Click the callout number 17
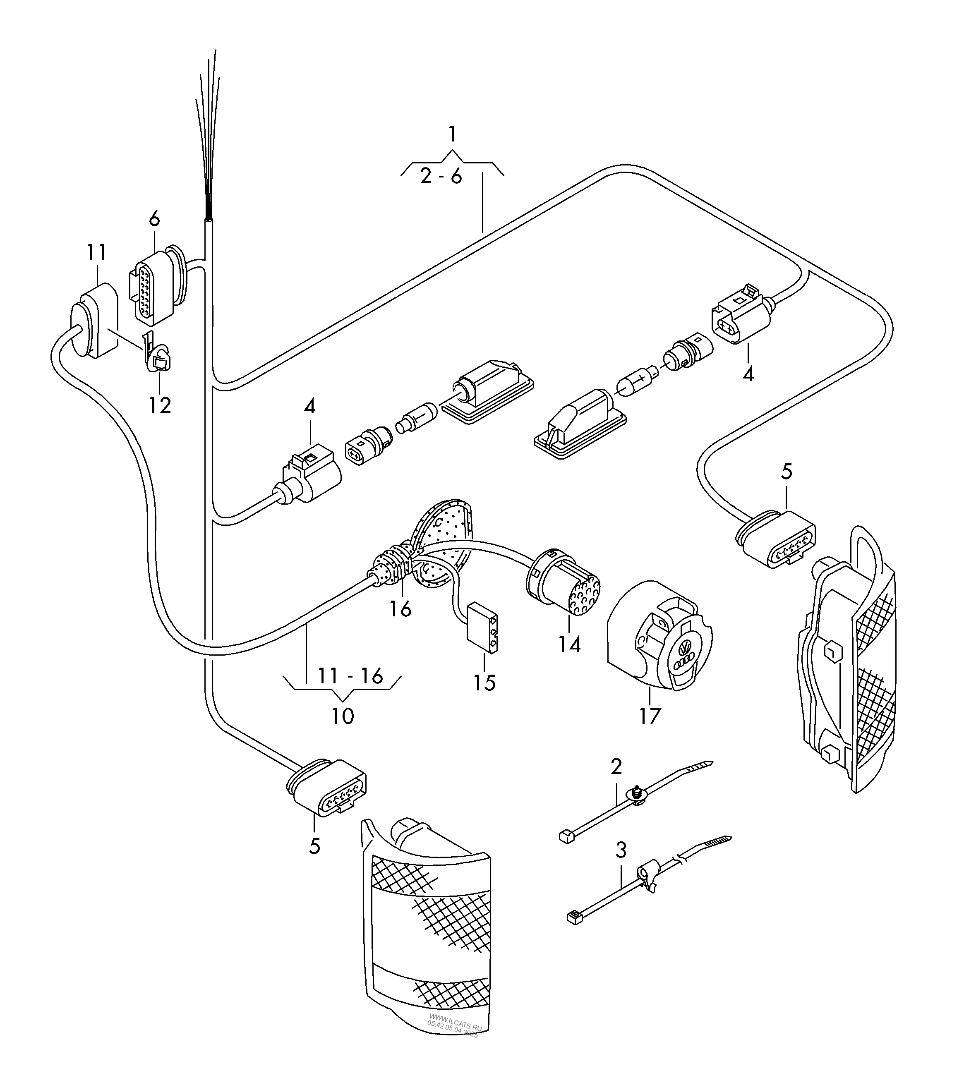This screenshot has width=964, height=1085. click(x=649, y=716)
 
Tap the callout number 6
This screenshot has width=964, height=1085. click(x=154, y=219)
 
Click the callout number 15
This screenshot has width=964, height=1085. click(x=484, y=683)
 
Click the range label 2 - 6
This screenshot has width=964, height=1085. click(x=441, y=177)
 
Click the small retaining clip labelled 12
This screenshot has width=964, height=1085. click(x=157, y=355)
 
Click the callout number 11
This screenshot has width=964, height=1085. click(x=97, y=252)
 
